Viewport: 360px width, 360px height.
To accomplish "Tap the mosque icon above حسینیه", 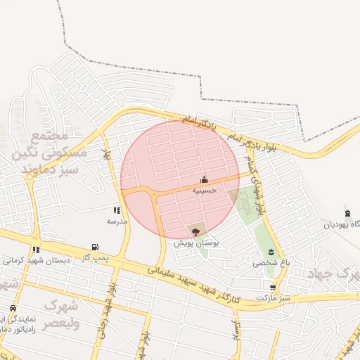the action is pos(205,179).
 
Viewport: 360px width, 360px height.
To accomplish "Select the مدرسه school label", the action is pos(117,221).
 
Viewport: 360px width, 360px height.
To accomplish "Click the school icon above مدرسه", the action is pos(117,210).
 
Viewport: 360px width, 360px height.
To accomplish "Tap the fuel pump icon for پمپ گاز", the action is pos(94,247).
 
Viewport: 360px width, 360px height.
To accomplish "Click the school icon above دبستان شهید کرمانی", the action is pos(36,250).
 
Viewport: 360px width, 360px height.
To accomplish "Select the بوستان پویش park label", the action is pos(196,243).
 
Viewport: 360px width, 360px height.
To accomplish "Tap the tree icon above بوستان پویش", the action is pos(195,231).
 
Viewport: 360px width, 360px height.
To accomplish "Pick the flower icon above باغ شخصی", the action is pos(270,252).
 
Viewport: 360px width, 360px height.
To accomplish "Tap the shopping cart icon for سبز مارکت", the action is pos(273,288).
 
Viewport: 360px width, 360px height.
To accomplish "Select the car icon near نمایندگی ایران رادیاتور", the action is pos(13,308).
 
